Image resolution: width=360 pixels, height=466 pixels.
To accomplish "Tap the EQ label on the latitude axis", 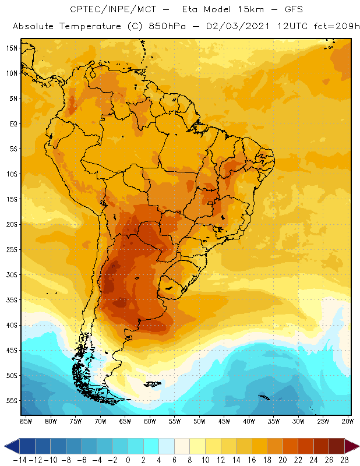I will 13,123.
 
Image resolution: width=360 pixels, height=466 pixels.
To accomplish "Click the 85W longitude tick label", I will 26,421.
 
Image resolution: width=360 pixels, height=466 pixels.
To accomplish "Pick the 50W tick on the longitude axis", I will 200,421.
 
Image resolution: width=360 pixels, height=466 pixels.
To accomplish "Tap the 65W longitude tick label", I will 125,421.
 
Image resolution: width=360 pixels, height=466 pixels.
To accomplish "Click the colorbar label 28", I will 344,460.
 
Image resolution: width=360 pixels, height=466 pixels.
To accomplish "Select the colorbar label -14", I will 19,460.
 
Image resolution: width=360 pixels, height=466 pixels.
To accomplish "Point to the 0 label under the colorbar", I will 128,460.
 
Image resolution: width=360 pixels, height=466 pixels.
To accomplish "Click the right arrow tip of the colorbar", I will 357,446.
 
